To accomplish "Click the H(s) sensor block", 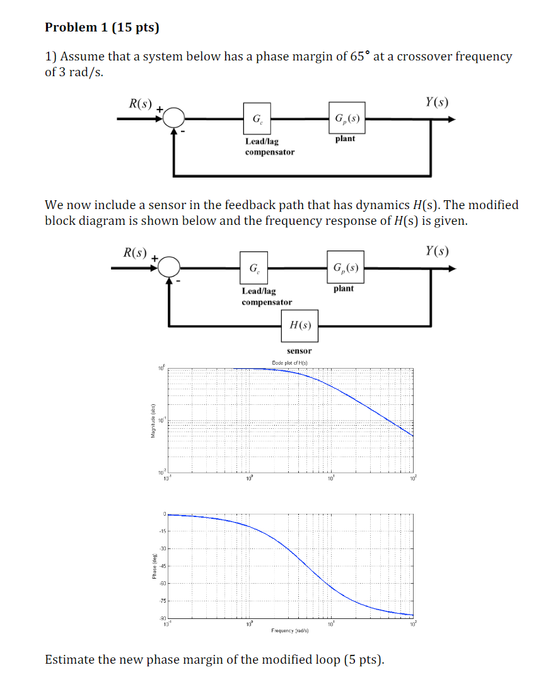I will click(300, 325).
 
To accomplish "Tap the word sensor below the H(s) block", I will click(299, 351).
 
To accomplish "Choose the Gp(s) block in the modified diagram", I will click(345, 268).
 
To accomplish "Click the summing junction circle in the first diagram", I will click(174, 118).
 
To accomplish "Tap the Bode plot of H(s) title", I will click(291, 362).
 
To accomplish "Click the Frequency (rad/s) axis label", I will click(290, 630).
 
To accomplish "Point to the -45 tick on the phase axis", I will click(163, 566).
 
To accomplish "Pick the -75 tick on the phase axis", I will click(163, 602).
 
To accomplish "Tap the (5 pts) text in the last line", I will click(363, 659).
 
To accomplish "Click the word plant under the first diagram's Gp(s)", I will click(345, 139).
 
